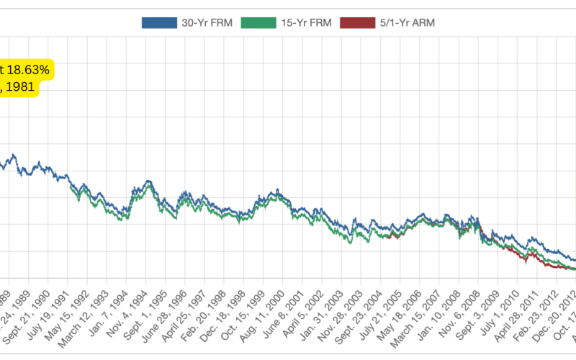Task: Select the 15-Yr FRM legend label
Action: (305, 22)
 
